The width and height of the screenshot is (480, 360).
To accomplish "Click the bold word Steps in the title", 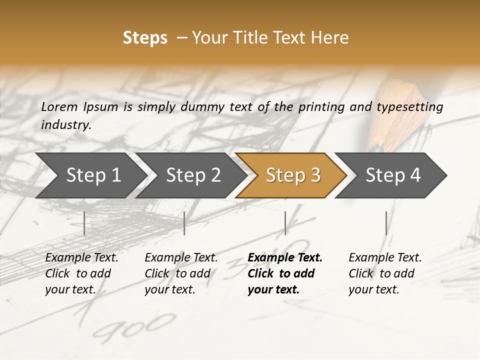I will [x=145, y=38].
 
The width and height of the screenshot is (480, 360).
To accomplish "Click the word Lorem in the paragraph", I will [x=59, y=106].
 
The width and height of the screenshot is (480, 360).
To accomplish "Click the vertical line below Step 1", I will [x=84, y=223].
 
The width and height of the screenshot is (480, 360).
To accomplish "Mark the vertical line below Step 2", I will [x=184, y=223].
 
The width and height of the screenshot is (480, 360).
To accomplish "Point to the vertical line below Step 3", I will [x=285, y=223].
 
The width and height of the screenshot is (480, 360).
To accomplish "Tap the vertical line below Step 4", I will [x=386, y=223].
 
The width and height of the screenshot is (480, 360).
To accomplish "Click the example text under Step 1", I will [x=81, y=273].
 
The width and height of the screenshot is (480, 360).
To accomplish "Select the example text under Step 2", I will [x=181, y=273].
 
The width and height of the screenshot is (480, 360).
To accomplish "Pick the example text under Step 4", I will [x=385, y=273].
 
